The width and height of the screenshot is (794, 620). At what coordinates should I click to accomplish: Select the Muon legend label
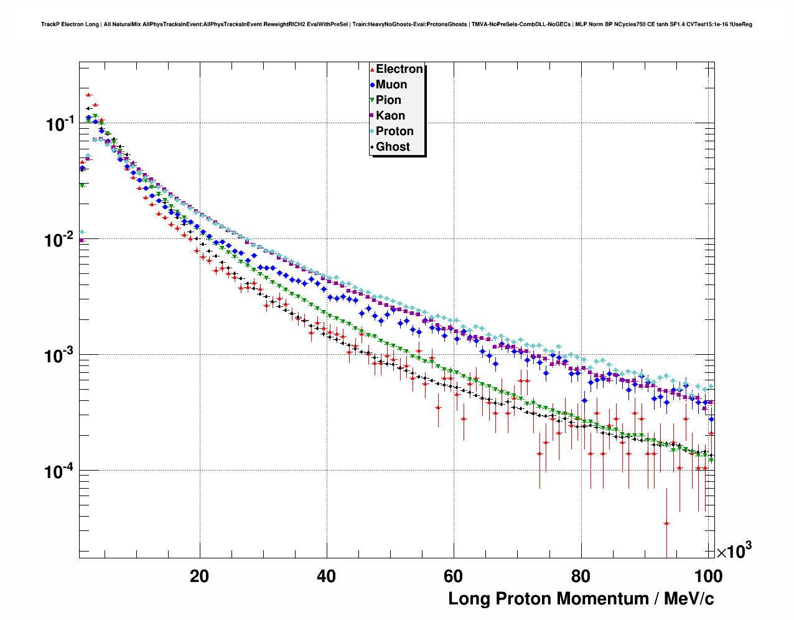point(391,85)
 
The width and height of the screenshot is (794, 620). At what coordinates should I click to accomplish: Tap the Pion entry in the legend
point(388,100)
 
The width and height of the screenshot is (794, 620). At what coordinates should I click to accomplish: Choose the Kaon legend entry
point(390,116)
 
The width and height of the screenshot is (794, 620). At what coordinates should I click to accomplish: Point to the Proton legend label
point(395,131)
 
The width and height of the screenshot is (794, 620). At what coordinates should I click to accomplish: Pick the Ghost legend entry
point(393,147)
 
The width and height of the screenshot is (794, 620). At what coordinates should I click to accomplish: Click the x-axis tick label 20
point(199,576)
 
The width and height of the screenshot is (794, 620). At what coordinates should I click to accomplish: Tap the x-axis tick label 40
point(326,576)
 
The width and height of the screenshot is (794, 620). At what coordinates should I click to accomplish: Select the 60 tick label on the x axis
point(454,576)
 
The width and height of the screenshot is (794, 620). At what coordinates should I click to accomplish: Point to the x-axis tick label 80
point(581,576)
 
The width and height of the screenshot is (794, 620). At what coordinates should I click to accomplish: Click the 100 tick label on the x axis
point(708,576)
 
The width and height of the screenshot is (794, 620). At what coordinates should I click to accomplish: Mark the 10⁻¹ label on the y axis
point(60,124)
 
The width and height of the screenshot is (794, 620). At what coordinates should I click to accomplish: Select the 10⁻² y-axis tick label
point(60,240)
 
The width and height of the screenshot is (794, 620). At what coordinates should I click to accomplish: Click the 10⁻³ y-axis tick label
point(60,355)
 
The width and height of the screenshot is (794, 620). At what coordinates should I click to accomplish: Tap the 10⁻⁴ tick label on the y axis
point(60,471)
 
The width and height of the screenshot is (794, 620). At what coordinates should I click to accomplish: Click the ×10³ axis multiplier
point(734,551)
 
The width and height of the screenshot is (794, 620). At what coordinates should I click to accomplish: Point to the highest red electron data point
point(88,95)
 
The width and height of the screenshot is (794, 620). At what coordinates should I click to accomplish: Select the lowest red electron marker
point(666,524)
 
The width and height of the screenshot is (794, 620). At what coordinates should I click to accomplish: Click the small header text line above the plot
point(396,24)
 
